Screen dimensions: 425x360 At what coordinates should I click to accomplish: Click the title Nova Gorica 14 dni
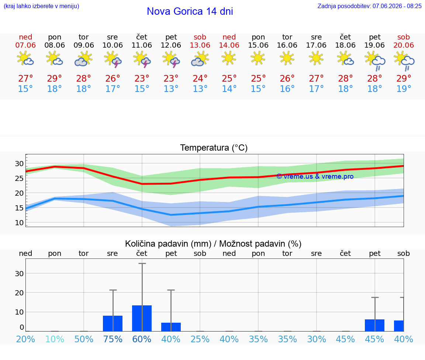[190, 11]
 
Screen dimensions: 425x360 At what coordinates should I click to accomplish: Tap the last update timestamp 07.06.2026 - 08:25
[397, 6]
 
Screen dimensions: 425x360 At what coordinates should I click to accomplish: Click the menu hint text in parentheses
[41, 6]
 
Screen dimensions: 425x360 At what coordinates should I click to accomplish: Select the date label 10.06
[113, 45]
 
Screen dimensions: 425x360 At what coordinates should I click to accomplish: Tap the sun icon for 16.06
[287, 58]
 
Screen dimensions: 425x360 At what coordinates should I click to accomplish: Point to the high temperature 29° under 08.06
[55, 78]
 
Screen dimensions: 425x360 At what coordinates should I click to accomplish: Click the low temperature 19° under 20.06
[404, 89]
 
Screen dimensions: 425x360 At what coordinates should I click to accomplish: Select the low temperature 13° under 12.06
[171, 89]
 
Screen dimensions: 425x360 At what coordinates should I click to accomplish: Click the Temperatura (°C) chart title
[214, 148]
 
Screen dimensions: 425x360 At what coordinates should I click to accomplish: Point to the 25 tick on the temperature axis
[19, 178]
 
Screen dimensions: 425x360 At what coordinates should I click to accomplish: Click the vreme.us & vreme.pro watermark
[315, 176]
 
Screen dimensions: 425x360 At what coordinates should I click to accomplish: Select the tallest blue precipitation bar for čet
[142, 318]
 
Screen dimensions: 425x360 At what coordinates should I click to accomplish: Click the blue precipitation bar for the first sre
[113, 323]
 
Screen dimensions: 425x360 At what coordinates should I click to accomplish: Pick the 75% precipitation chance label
[113, 339]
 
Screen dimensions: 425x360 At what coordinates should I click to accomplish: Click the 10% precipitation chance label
[55, 339]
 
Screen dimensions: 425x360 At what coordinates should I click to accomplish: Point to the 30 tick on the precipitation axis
[19, 274]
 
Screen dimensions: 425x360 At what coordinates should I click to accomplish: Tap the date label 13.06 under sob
[200, 45]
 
